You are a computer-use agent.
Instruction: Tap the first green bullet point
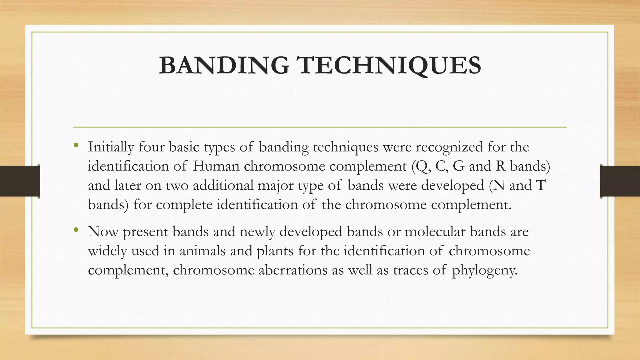(x=76, y=145)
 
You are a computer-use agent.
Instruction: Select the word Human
(x=216, y=166)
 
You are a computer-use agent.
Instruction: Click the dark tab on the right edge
(x=620, y=181)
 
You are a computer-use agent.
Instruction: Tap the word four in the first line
(x=151, y=147)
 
